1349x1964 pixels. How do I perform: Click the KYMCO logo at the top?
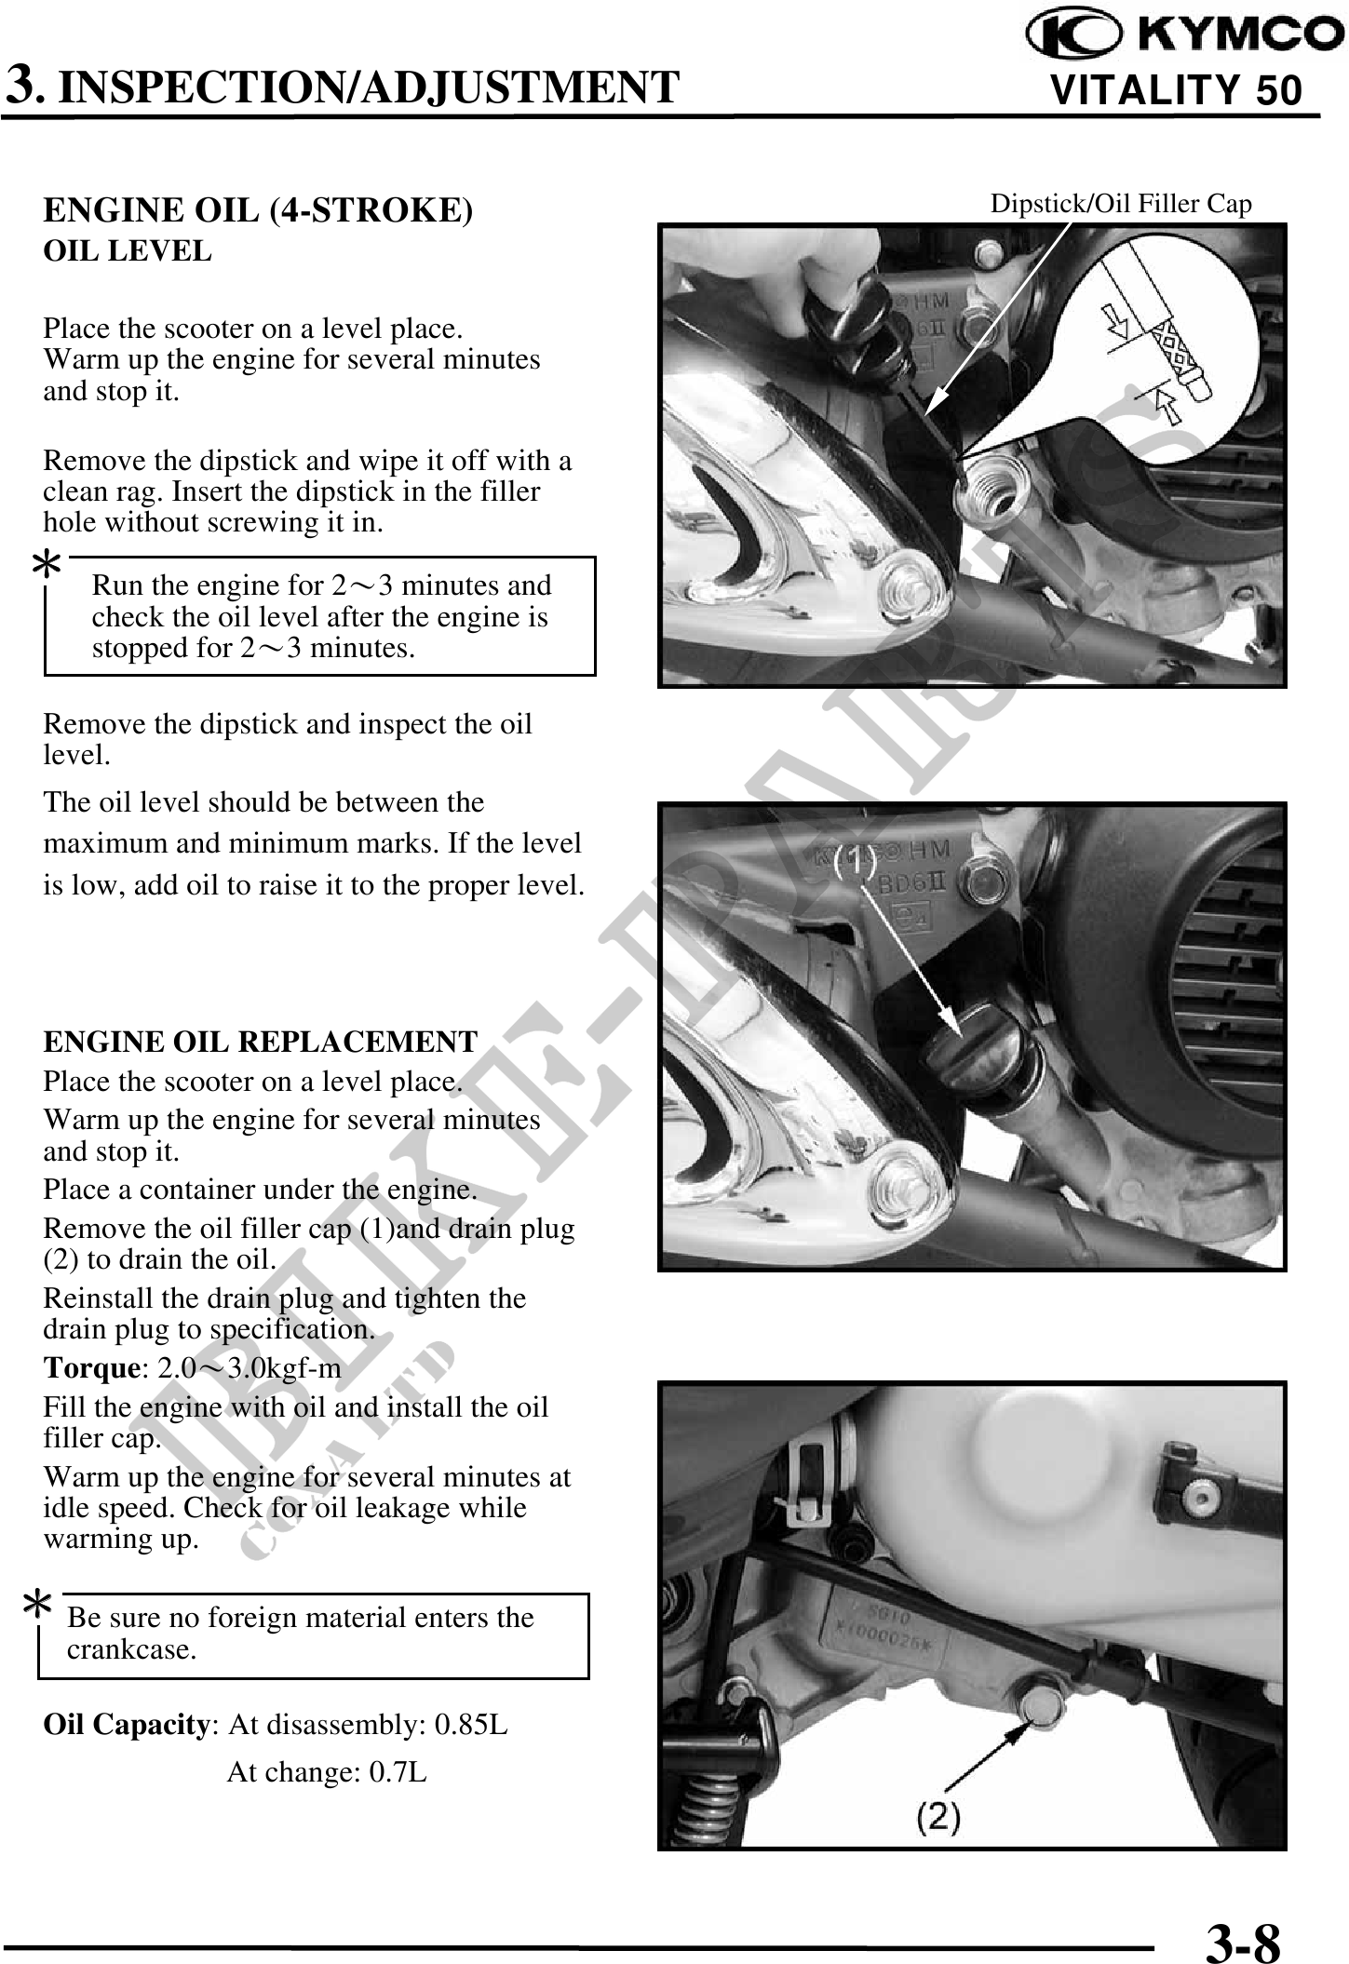coord(1184,35)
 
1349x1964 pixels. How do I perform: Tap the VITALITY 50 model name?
coord(1175,91)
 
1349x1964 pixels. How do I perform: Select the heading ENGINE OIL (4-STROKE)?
coord(258,210)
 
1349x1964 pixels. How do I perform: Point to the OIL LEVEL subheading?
coord(128,250)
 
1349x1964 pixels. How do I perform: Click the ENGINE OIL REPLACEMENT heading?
coord(260,1041)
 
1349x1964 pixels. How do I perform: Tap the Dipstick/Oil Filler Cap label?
coord(1120,203)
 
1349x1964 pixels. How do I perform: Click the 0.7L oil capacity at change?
coord(398,1771)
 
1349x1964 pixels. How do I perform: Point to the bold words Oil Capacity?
coord(128,1725)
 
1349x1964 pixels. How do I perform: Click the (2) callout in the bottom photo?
coord(938,1815)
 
